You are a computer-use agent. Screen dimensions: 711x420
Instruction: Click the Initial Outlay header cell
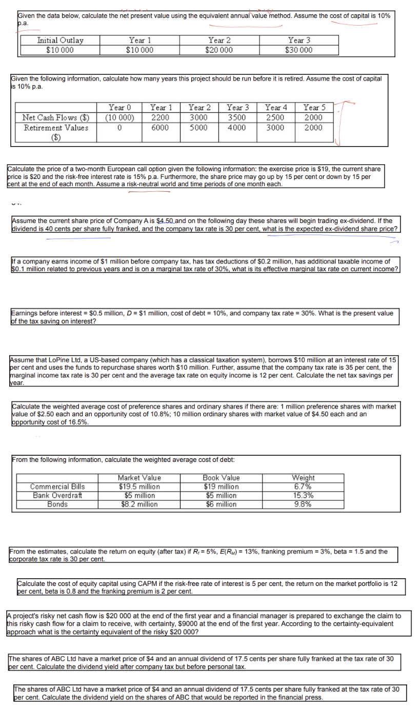(x=60, y=40)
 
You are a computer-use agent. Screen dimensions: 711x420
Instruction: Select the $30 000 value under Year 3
(x=299, y=50)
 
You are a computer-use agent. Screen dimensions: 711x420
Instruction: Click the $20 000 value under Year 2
(x=219, y=50)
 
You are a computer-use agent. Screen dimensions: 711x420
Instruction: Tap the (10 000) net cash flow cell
(x=119, y=117)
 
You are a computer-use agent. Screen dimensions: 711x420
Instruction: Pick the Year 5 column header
(x=313, y=108)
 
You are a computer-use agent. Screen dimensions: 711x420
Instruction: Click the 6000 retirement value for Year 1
(x=159, y=128)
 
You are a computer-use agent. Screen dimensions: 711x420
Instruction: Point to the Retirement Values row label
(x=56, y=128)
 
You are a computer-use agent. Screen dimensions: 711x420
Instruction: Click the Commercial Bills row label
(x=58, y=486)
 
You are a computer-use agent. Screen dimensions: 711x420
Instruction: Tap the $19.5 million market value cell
(x=139, y=486)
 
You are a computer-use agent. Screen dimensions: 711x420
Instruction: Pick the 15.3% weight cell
(x=304, y=495)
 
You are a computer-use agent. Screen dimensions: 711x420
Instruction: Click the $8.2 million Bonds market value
(x=139, y=504)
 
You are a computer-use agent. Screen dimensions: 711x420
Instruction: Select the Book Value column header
(x=221, y=478)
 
